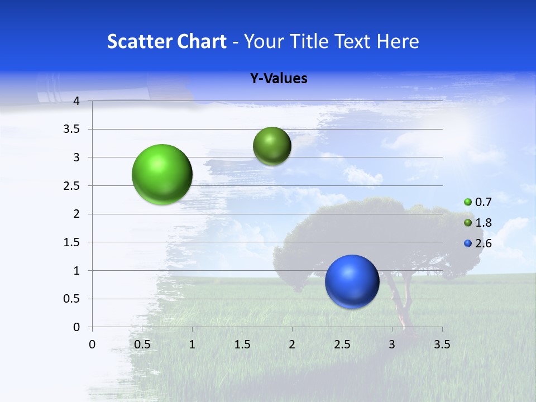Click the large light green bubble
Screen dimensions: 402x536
162,174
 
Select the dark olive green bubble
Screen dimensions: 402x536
272,146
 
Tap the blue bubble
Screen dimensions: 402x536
352,281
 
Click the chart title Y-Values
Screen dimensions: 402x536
279,79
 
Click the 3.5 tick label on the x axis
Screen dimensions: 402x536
442,344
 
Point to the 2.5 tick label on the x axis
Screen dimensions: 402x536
342,344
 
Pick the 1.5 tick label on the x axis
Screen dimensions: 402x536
242,344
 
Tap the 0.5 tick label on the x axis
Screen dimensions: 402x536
142,344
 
